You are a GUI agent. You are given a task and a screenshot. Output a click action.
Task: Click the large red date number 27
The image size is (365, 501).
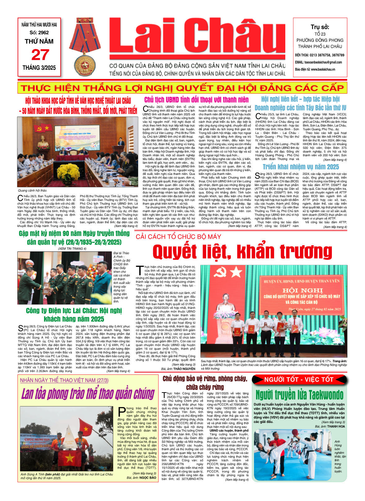[x=40, y=55]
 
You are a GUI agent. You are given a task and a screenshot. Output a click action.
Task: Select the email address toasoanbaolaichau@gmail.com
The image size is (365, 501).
[x=318, y=62]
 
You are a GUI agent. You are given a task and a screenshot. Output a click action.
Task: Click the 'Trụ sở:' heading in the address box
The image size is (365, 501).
[x=320, y=27]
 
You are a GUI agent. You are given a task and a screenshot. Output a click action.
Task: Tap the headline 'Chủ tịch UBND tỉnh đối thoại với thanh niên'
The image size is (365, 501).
[x=196, y=100]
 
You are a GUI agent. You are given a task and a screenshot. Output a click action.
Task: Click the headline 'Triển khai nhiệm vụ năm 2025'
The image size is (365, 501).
[x=300, y=167]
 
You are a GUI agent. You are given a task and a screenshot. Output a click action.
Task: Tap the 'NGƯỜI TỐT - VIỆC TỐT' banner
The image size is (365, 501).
[x=299, y=379]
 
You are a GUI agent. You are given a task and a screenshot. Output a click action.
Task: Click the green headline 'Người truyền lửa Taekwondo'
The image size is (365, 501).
[x=299, y=395]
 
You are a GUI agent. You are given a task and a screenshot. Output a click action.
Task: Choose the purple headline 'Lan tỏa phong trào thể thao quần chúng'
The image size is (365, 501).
[x=88, y=394]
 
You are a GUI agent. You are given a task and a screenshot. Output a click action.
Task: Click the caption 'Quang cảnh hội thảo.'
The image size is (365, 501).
[x=33, y=190]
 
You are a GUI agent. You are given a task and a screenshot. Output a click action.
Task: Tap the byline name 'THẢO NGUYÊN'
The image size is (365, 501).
[x=184, y=369]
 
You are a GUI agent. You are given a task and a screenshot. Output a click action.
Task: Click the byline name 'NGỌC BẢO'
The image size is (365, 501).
[x=148, y=478]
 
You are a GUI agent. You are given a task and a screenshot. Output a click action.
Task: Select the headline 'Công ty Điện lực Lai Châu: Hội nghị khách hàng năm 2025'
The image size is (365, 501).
[x=74, y=315]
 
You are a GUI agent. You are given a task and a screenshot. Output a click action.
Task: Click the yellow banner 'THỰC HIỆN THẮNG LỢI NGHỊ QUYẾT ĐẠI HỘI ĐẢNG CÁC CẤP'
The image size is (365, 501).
[x=182, y=88]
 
